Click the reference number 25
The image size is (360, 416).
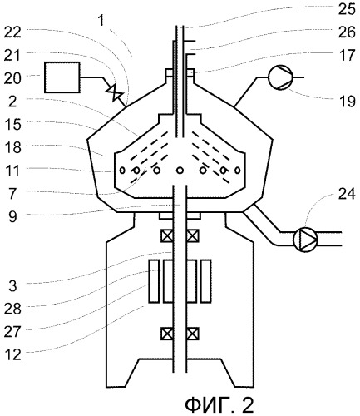coord(347,9)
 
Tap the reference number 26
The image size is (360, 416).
coord(347,32)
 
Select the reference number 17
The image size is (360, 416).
coord(347,56)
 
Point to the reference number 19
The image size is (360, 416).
coord(347,102)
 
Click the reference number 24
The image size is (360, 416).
coord(347,194)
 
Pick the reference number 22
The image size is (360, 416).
coord(12,32)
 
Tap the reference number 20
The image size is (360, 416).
coord(12,78)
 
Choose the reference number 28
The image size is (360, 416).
coord(12,309)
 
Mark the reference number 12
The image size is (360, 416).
coord(12,355)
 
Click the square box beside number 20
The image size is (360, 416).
coord(62,77)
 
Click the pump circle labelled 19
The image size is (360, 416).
coord(280,77)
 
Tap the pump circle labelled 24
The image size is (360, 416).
coord(305,240)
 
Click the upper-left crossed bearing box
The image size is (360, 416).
coord(167,236)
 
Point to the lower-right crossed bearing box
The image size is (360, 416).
coord(193,334)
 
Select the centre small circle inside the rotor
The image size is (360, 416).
coord(180,171)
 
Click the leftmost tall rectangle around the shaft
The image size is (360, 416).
coord(154,281)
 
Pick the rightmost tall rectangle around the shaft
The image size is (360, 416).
coord(206,281)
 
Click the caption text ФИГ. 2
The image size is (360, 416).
coord(219,405)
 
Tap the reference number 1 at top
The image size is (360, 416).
coord(101,21)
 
